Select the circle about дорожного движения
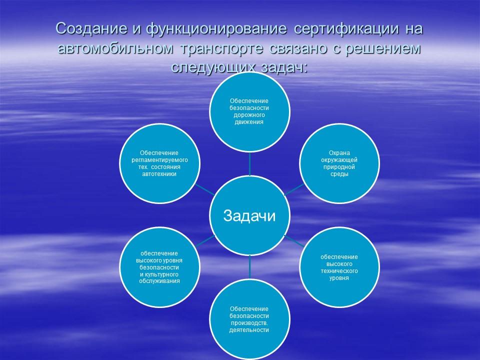[249, 111]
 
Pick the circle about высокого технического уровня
[338, 266]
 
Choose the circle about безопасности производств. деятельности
[249, 318]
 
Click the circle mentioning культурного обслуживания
[159, 266]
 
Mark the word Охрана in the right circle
[338, 153]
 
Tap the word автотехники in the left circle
[159, 173]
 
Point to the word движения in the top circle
[249, 121]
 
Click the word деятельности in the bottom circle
[249, 329]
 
